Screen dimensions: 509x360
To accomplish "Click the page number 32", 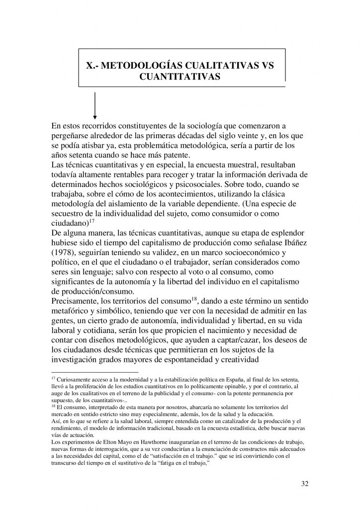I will (x=304, y=483).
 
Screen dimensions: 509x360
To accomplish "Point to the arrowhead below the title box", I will (x=95, y=118).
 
